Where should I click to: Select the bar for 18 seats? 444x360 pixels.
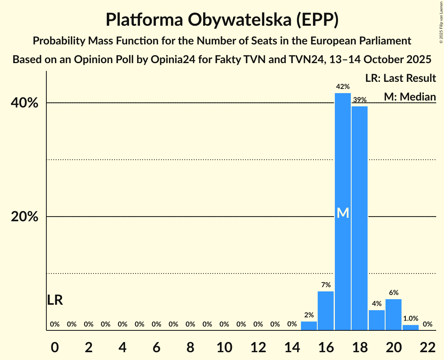359,218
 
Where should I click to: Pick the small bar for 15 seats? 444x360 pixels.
309,326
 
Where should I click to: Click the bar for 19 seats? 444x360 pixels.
377,320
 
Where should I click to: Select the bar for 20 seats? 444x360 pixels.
393,314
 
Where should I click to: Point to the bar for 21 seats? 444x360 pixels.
410,327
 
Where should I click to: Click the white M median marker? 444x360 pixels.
343,213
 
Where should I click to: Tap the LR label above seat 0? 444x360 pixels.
55,300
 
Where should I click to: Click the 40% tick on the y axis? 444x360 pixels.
25,103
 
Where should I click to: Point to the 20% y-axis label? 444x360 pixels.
25,217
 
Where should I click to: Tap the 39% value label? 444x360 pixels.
359,100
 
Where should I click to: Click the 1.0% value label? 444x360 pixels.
410,318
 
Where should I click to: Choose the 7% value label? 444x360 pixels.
326,285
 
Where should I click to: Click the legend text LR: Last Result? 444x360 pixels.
400,78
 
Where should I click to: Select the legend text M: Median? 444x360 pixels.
409,97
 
